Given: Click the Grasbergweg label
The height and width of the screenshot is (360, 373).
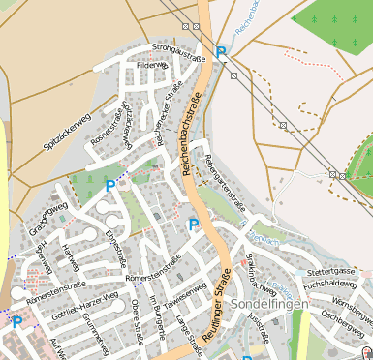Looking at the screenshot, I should click(46, 217).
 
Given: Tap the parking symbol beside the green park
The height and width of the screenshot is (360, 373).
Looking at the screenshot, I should click(110, 184).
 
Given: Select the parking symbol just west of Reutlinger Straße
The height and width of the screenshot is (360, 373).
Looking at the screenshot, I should click(193, 225).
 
